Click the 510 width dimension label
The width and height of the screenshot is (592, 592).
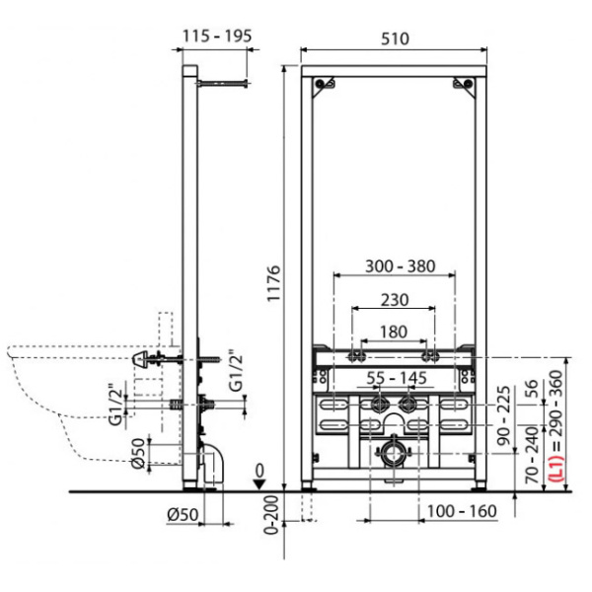[395, 38]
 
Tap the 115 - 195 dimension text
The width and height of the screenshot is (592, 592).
[217, 37]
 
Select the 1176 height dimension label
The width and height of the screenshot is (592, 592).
[274, 283]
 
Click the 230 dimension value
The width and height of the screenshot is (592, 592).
[395, 300]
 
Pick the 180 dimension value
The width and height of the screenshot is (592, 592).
[394, 332]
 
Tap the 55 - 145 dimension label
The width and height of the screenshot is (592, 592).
[397, 378]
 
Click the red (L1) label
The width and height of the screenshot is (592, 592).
[556, 468]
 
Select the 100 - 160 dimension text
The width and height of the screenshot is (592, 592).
[462, 511]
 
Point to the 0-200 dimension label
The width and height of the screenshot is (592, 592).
[271, 515]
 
